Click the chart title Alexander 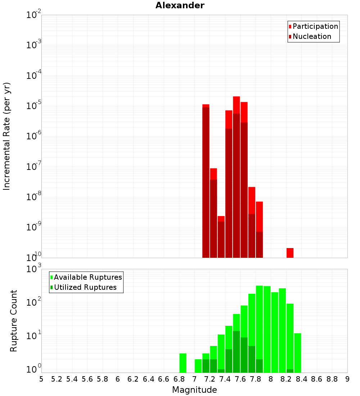[180, 5]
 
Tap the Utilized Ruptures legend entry [85, 287]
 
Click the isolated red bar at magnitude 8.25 [290, 253]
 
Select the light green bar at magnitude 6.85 [183, 363]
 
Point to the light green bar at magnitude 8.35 [297, 353]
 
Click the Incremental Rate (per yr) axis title [6, 136]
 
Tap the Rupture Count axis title [14, 321]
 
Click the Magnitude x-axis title [194, 390]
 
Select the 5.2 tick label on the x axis [57, 379]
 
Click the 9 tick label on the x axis [347, 379]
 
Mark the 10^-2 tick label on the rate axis [33, 15]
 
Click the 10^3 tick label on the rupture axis [33, 269]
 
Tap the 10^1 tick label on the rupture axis [33, 336]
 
